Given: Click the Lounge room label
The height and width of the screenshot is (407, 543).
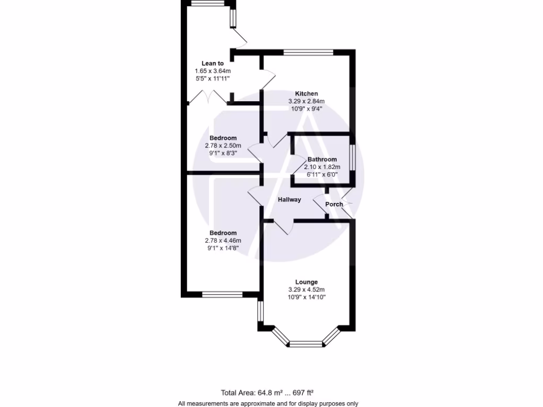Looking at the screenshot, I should coord(307,282).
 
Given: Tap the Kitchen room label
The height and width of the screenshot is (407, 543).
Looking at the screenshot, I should coord(306,94).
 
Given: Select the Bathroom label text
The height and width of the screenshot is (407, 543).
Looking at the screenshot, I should coord(322,160).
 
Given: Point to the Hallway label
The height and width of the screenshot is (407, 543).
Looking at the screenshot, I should coord(290,200).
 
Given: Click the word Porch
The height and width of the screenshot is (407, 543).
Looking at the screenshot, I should coord(334,204).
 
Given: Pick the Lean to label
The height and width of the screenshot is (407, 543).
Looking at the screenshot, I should coord(213,64).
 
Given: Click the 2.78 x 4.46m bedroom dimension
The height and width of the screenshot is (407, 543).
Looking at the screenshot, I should coord(223,241).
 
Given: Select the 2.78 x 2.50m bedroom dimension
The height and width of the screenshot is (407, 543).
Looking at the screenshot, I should coord(223,146).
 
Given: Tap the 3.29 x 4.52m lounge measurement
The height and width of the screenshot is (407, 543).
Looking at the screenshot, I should coord(306,290).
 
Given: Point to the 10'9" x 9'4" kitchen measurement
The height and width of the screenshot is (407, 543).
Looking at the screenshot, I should coord(306,108).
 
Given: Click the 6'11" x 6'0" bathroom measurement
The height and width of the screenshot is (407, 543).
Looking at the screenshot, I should coord(322,174).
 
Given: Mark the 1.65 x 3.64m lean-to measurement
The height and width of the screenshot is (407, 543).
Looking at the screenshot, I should coord(213,71).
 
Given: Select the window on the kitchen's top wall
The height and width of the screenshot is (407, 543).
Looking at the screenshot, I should coord(309,52).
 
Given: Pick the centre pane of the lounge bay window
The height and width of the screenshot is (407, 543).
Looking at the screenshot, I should coord(306,344).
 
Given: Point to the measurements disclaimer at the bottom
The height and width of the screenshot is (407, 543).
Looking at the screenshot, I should coord(268,403).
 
